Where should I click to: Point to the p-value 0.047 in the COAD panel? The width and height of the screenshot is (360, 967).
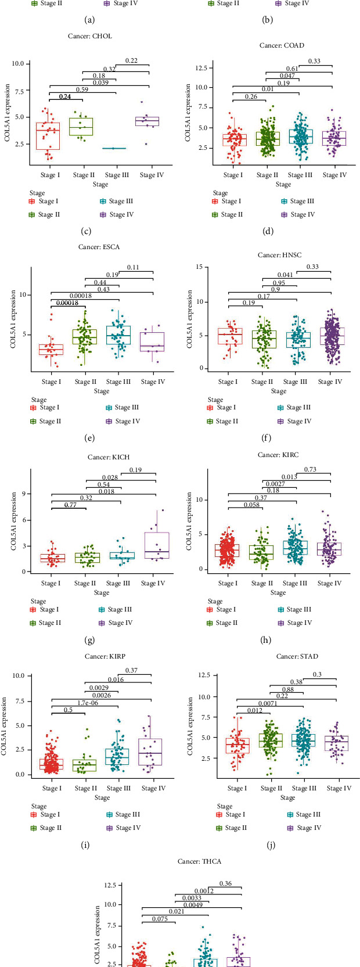pos(287,76)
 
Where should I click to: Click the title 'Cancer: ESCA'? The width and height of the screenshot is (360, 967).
pos(99,247)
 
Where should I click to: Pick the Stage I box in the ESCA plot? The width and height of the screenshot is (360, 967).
pos(51,349)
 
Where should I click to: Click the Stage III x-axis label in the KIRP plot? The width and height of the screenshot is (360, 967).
pos(119,788)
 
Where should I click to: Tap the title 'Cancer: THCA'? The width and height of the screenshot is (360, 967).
pos(199,861)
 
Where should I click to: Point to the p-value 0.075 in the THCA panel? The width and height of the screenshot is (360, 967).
pos(160,919)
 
